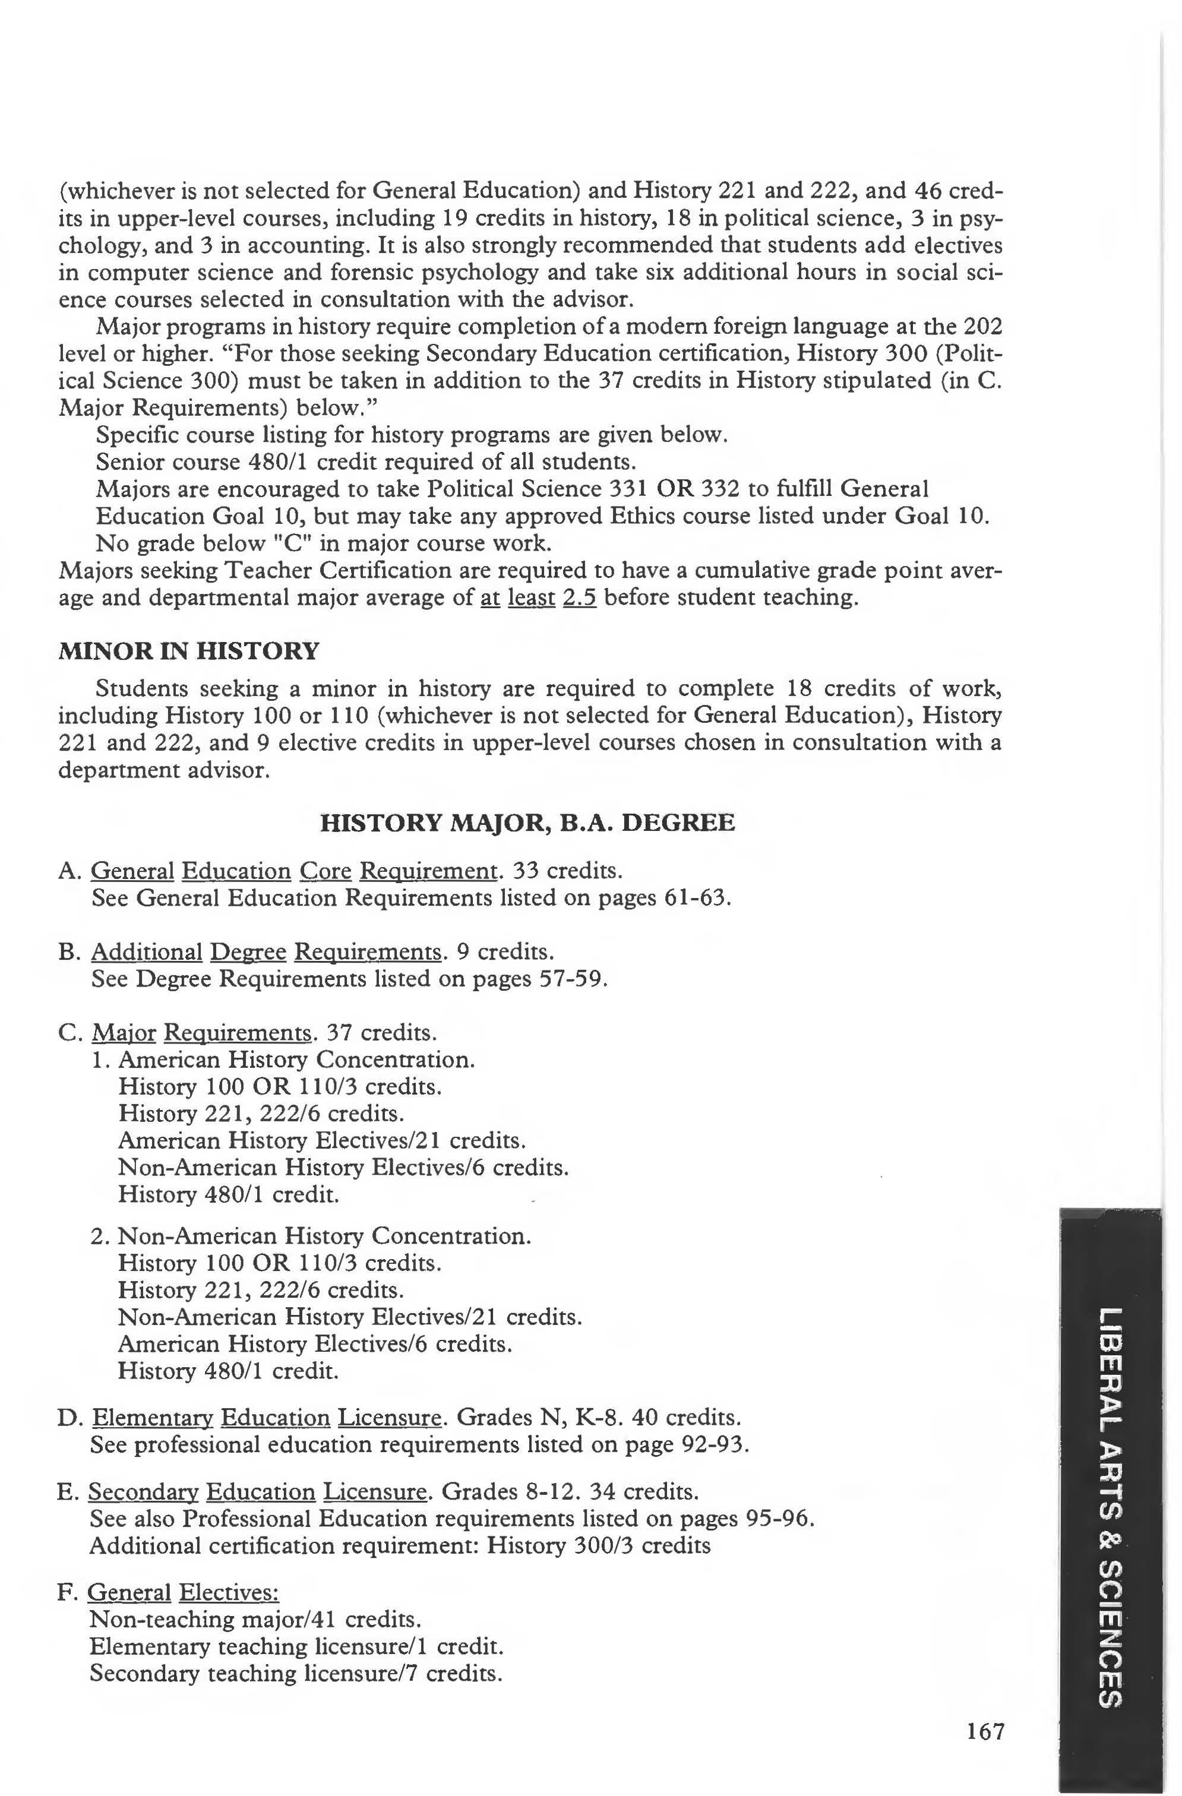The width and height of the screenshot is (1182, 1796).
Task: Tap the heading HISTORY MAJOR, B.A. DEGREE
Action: click(527, 822)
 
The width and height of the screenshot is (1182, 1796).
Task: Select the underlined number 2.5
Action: click(580, 597)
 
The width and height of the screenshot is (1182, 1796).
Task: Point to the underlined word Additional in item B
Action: click(147, 952)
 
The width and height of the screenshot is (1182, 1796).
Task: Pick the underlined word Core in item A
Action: click(325, 872)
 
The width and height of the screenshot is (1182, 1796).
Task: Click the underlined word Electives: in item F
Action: click(229, 1592)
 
